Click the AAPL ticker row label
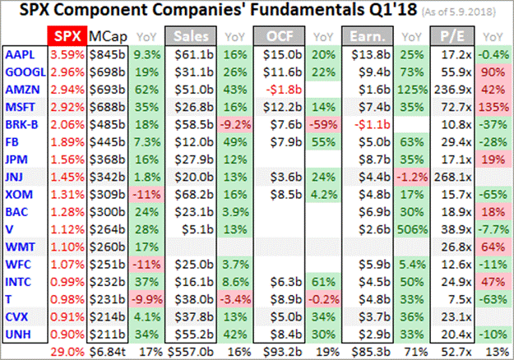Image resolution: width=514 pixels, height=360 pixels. (18, 54)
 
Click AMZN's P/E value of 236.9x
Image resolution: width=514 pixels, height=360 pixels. (456, 89)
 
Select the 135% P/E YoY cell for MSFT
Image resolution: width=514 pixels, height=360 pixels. (493, 106)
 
